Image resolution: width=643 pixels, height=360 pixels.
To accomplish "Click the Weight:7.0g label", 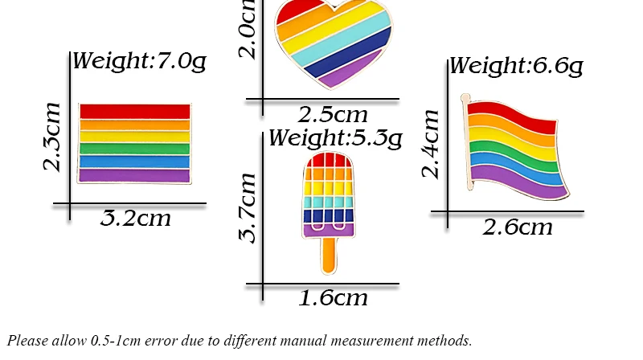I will click(x=139, y=62).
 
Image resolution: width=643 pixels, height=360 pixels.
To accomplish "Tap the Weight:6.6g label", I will click(x=515, y=66).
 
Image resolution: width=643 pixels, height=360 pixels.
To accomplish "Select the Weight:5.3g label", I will click(x=334, y=138).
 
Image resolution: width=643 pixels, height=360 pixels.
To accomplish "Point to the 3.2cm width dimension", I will click(x=136, y=218).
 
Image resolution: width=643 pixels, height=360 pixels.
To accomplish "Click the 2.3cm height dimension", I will click(x=52, y=137).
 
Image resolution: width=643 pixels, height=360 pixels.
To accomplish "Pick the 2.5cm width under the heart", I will click(x=333, y=114).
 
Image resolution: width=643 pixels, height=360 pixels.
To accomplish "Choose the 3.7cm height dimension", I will click(x=248, y=207).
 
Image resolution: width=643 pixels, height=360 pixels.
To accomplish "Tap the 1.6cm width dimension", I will click(x=333, y=298).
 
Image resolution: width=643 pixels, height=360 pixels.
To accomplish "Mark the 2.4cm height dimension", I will click(x=431, y=143).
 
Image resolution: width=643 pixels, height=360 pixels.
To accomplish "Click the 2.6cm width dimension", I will click(x=518, y=227).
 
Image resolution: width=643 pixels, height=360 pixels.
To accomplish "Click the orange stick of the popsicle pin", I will click(x=328, y=255).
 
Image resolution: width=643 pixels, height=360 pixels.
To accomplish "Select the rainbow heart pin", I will click(x=333, y=40).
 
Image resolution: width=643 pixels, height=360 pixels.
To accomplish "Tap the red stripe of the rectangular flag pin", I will click(x=134, y=111).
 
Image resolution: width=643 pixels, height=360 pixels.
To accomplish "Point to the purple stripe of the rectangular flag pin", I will click(x=134, y=175).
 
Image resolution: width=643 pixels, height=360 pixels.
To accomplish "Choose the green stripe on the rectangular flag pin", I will click(x=134, y=149).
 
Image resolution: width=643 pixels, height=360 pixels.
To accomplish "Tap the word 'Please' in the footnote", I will click(x=27, y=341).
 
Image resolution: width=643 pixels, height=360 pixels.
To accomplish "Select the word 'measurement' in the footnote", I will click(x=391, y=341).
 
